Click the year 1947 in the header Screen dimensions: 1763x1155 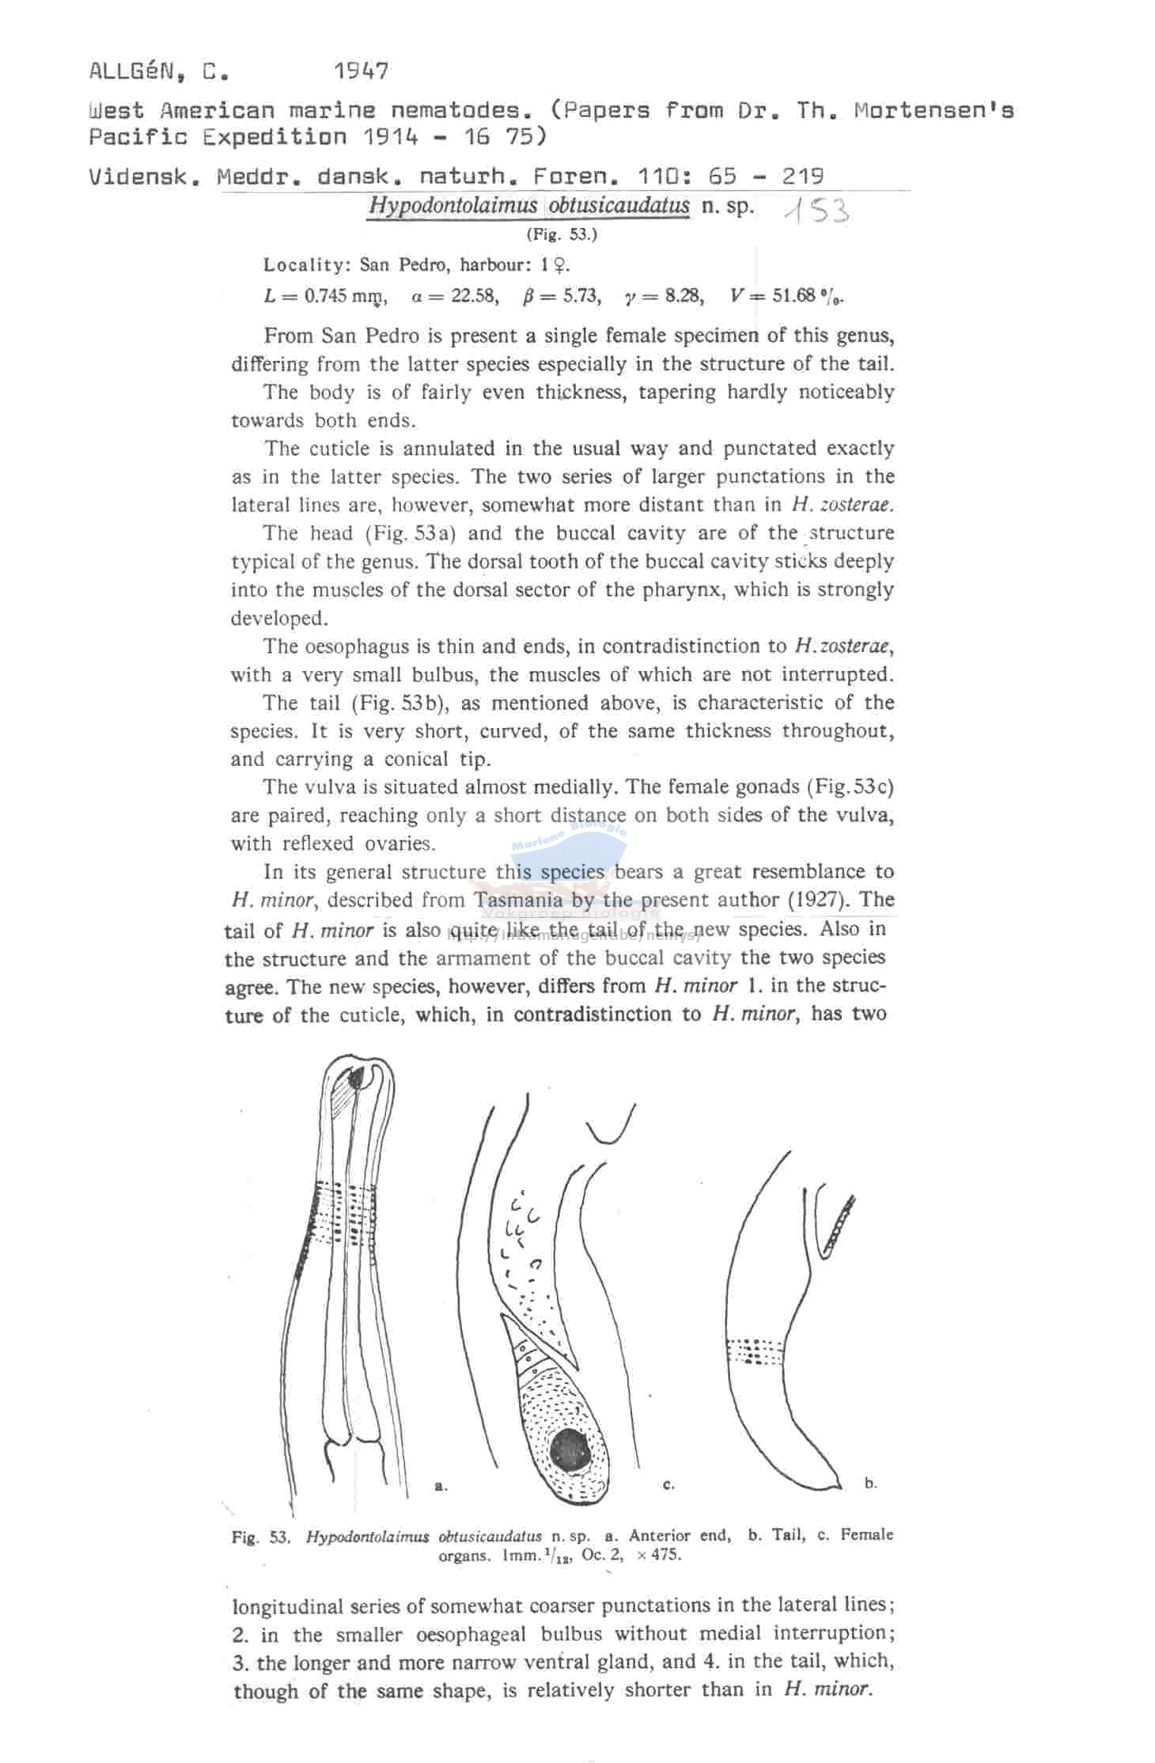(x=361, y=72)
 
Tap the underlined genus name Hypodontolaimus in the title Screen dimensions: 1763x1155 (x=453, y=206)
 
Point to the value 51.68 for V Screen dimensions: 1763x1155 (x=793, y=297)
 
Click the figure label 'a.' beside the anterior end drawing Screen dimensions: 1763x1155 (x=441, y=1487)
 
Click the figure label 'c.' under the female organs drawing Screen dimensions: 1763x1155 (x=669, y=1485)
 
